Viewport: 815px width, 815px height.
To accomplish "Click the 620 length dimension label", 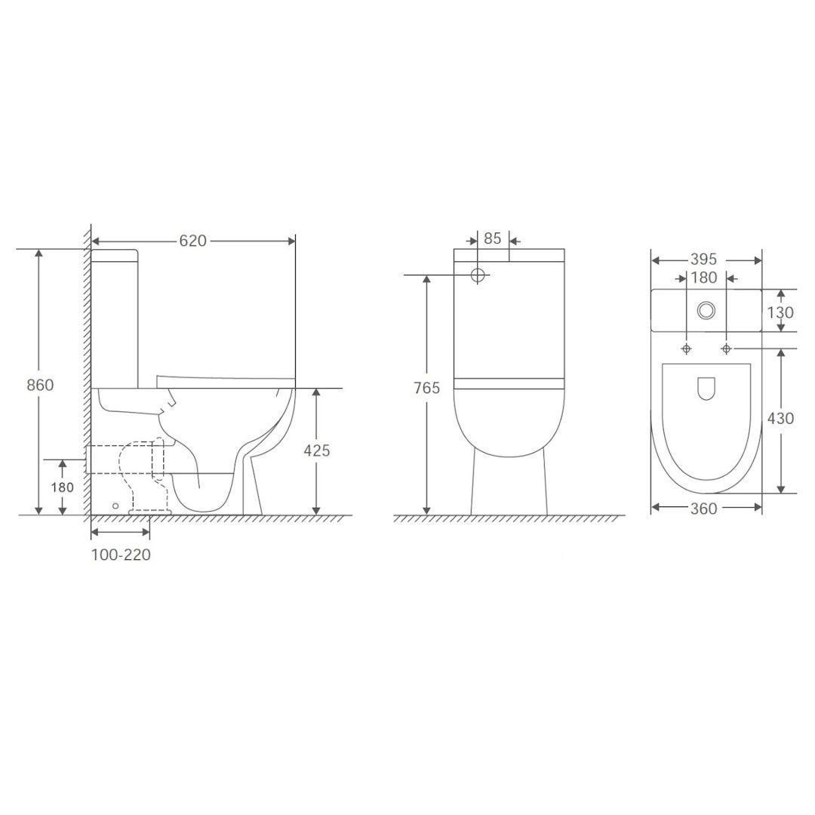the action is pyautogui.click(x=193, y=241).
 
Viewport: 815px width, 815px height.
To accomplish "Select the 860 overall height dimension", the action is pyautogui.click(x=40, y=385).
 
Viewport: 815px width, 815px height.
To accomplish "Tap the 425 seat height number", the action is pyautogui.click(x=316, y=450).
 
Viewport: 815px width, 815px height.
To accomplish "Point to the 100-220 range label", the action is pyautogui.click(x=121, y=555).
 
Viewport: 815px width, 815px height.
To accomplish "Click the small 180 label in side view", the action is pyautogui.click(x=62, y=487).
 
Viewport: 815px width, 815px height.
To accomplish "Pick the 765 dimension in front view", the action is pyautogui.click(x=426, y=388).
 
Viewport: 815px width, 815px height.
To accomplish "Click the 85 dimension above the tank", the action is pyautogui.click(x=492, y=238).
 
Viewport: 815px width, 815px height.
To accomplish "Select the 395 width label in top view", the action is pyautogui.click(x=703, y=259).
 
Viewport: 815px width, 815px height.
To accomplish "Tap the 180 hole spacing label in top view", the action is pyautogui.click(x=704, y=278).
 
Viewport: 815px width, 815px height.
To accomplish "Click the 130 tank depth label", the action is pyautogui.click(x=780, y=312).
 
